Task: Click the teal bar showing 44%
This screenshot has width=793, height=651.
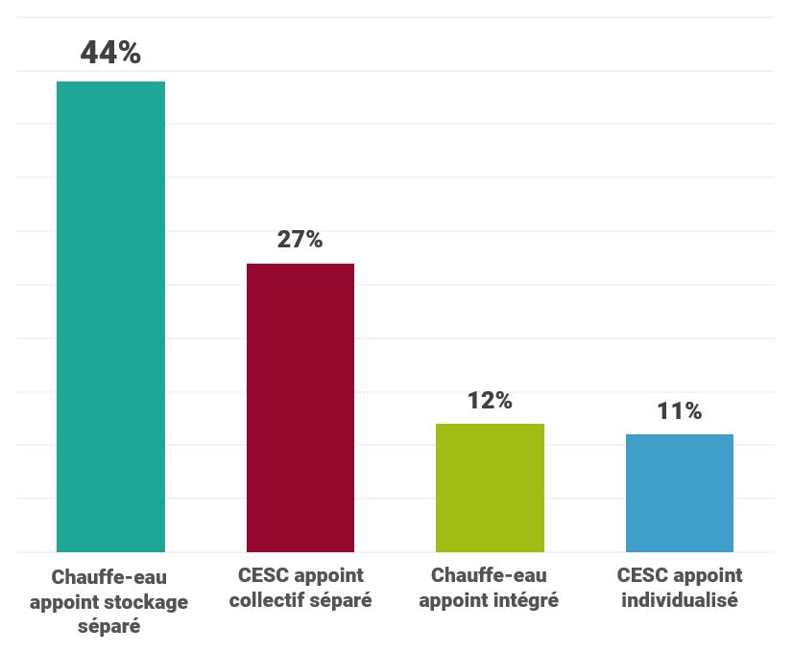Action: tap(110, 316)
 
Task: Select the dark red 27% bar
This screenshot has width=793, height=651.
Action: tap(300, 407)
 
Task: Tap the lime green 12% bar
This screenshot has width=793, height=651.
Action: tap(490, 488)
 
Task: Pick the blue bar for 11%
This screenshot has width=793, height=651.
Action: tap(680, 493)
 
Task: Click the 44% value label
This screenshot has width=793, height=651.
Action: tap(110, 53)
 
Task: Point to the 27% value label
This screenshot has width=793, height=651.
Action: tap(300, 239)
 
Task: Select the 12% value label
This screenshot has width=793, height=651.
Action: tap(490, 400)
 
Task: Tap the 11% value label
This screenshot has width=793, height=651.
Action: tap(680, 411)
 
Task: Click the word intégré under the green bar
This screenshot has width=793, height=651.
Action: tap(524, 601)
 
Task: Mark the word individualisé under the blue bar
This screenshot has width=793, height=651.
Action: tap(680, 601)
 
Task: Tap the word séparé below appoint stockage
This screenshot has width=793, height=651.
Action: tap(108, 628)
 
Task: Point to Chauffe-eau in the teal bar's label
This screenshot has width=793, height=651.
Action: tap(108, 577)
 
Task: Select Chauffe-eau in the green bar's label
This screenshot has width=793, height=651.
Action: tap(489, 576)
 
